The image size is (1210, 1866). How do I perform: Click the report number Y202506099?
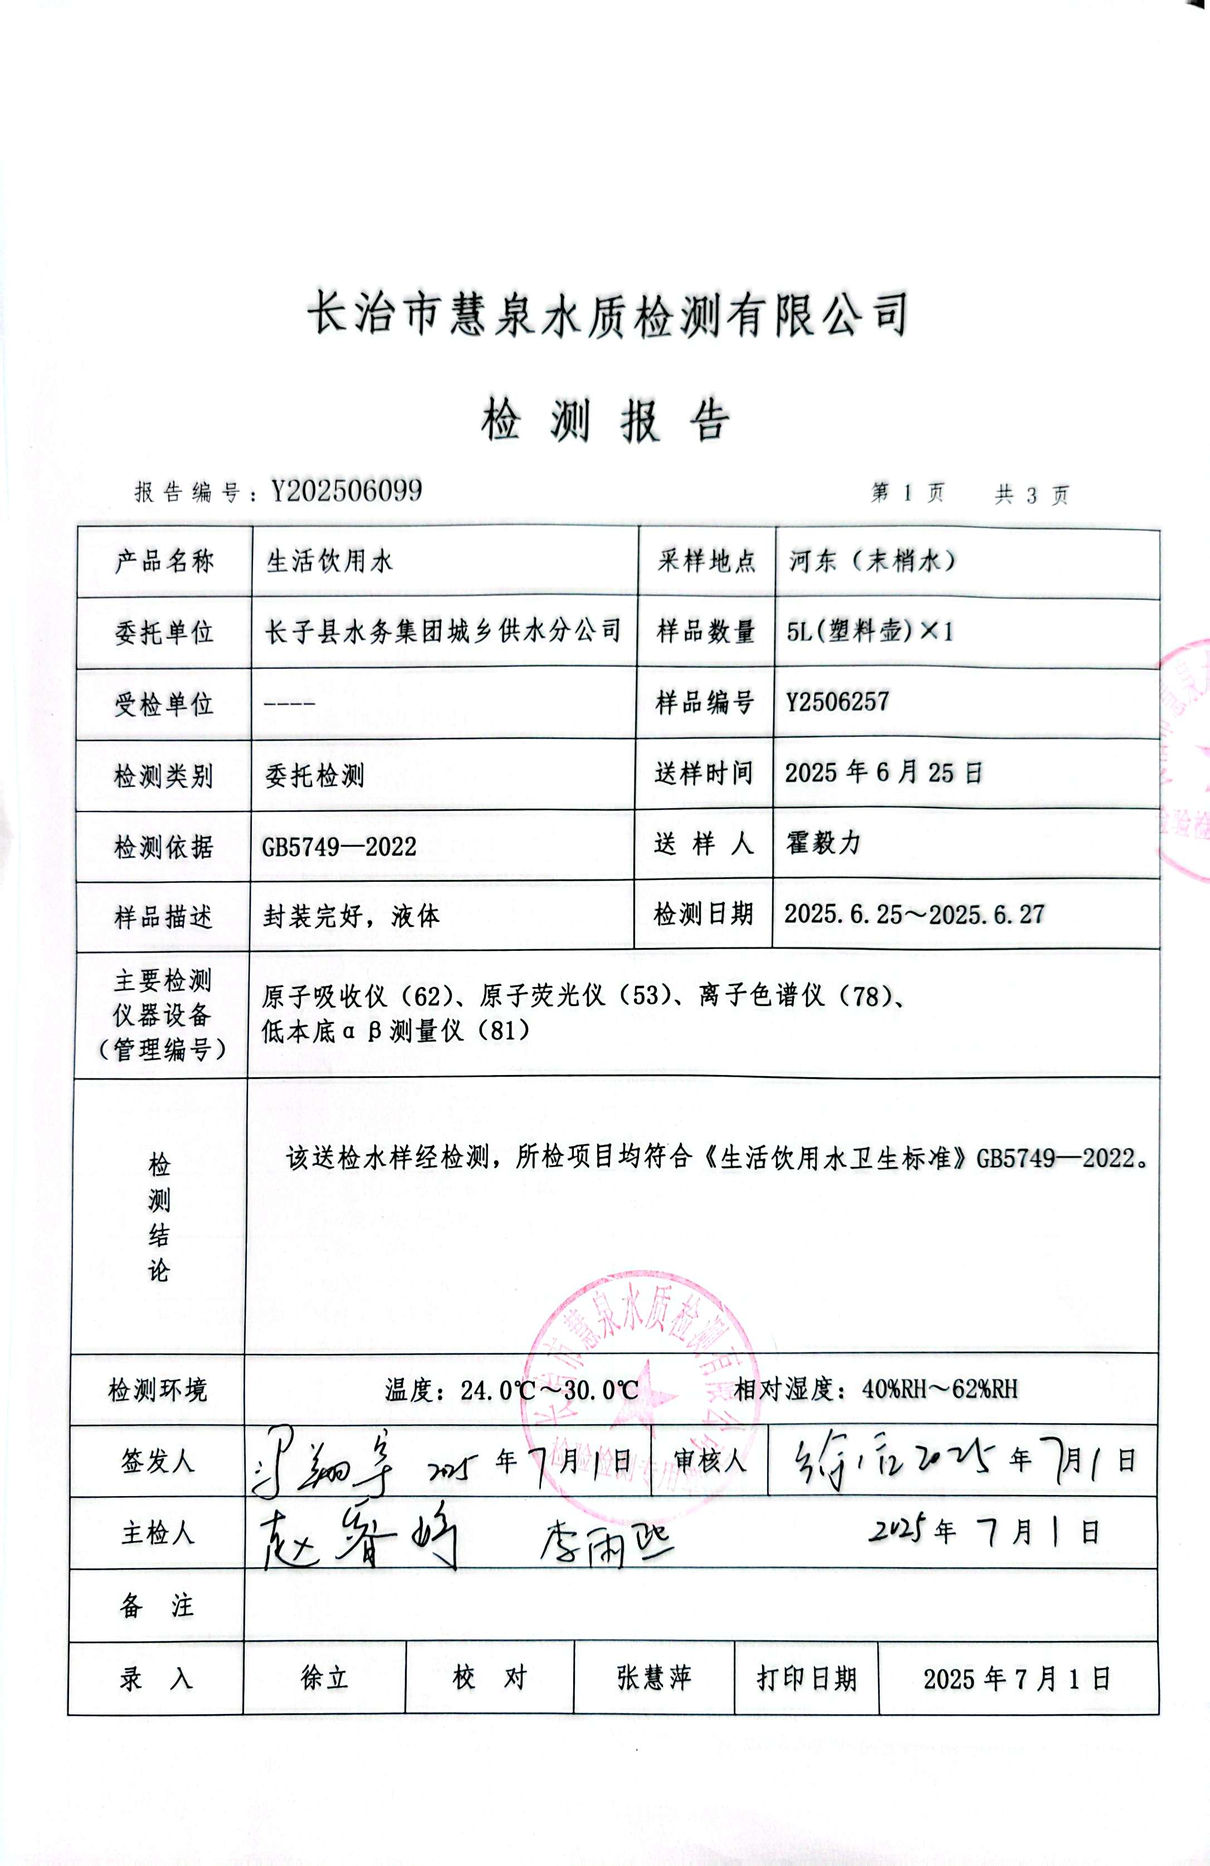click(x=347, y=491)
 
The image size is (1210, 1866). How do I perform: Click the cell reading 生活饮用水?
click(x=329, y=561)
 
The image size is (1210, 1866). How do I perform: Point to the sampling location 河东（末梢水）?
click(x=872, y=560)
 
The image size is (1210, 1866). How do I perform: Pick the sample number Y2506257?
click(x=837, y=701)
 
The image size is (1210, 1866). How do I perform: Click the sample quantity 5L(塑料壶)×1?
click(x=870, y=631)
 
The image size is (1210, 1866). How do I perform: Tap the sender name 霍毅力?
click(x=823, y=843)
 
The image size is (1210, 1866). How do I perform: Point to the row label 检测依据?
click(x=163, y=847)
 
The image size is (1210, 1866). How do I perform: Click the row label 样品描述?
click(x=163, y=916)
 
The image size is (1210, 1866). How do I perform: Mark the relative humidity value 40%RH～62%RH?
click(x=939, y=1389)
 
